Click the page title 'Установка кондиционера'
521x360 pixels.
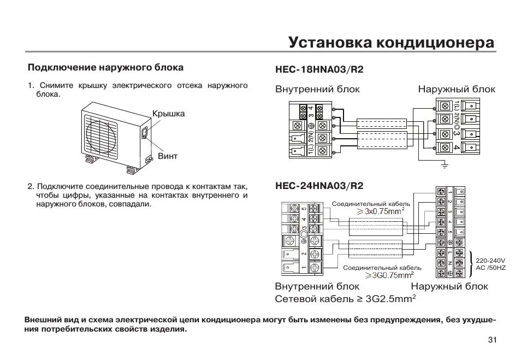point(391,43)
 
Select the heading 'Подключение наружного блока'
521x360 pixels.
point(105,68)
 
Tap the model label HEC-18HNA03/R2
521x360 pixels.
point(319,70)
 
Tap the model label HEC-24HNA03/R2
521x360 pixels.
point(319,186)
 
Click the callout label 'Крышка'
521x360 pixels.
point(168,114)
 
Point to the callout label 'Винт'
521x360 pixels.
point(168,156)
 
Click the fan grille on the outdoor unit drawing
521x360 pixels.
point(102,134)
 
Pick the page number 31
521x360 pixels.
point(492,340)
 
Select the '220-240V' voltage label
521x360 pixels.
point(490,261)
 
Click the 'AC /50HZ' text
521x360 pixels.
point(490,268)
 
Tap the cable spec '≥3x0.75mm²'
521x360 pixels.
point(381,211)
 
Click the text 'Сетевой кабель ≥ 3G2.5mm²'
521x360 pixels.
point(345,299)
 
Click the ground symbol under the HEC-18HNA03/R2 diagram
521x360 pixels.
point(445,164)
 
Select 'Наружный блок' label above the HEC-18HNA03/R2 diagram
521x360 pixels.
point(457,89)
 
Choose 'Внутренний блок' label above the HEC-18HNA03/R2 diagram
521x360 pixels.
point(317,89)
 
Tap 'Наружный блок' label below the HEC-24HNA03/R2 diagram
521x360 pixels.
point(449,286)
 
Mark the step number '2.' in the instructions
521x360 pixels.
point(31,187)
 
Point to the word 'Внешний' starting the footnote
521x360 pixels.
point(43,320)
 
